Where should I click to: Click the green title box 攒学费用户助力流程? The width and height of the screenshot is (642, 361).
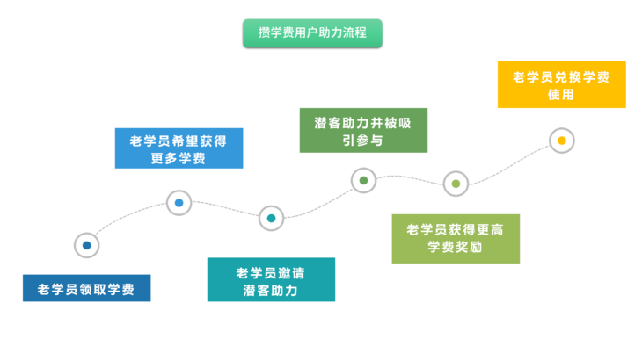pyautogui.click(x=312, y=33)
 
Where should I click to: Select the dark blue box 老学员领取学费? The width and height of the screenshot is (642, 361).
pyautogui.click(x=87, y=288)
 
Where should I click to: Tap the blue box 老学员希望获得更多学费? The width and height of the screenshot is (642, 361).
pyautogui.click(x=179, y=148)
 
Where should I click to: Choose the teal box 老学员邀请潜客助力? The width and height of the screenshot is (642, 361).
pyautogui.click(x=271, y=279)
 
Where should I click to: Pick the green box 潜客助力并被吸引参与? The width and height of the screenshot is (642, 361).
pyautogui.click(x=363, y=130)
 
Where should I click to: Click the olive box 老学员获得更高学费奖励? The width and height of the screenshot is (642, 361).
pyautogui.click(x=456, y=239)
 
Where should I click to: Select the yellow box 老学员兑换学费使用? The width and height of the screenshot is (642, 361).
pyautogui.click(x=562, y=84)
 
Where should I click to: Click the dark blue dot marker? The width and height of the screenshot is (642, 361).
pyautogui.click(x=87, y=245)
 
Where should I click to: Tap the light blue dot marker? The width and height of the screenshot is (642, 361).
pyautogui.click(x=179, y=203)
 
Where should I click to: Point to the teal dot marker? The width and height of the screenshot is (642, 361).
pyautogui.click(x=271, y=219)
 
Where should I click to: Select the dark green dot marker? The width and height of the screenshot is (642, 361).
pyautogui.click(x=363, y=180)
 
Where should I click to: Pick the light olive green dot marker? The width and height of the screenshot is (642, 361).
pyautogui.click(x=456, y=184)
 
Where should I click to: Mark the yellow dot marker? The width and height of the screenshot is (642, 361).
pyautogui.click(x=562, y=141)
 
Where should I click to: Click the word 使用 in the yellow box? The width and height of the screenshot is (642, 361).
pyautogui.click(x=561, y=95)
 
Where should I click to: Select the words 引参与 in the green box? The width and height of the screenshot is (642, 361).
pyautogui.click(x=362, y=141)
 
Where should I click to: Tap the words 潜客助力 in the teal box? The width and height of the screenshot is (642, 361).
pyautogui.click(x=270, y=291)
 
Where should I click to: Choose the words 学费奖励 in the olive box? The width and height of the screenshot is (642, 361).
pyautogui.click(x=455, y=247)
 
